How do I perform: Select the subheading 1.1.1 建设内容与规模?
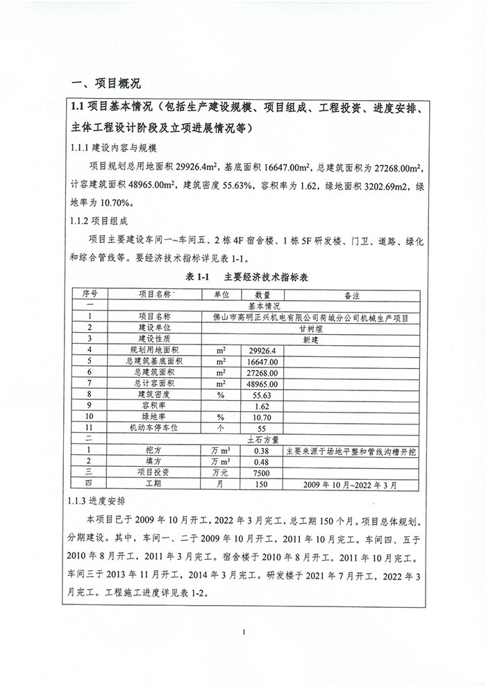(x=115, y=148)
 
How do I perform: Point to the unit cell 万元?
(x=221, y=471)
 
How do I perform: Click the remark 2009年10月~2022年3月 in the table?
(x=351, y=483)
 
